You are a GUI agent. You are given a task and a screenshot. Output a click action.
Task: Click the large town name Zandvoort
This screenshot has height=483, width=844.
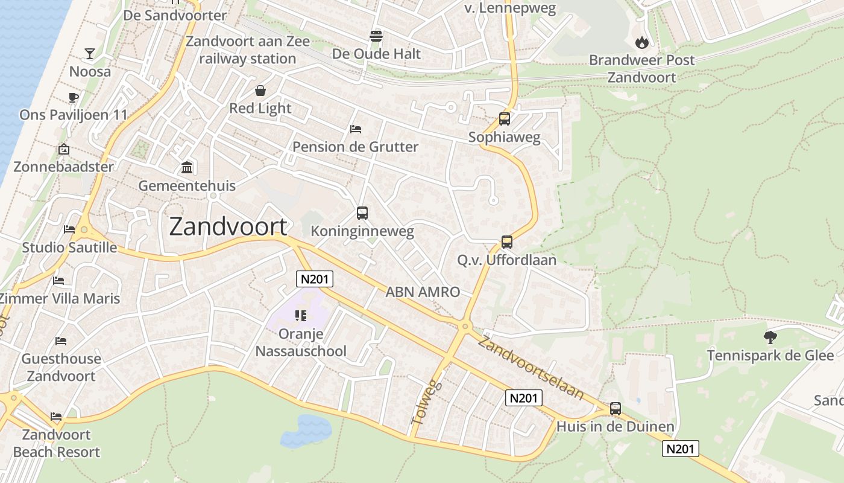tap(228, 226)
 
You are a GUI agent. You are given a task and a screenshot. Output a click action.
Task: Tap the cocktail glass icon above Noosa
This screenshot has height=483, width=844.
tap(90, 54)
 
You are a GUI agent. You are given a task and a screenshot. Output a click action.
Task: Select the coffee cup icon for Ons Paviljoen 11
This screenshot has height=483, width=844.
tap(74, 97)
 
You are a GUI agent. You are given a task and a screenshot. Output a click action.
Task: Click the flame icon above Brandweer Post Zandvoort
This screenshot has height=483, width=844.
tap(641, 42)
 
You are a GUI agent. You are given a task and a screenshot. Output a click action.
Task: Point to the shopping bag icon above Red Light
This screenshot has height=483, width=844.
tap(260, 91)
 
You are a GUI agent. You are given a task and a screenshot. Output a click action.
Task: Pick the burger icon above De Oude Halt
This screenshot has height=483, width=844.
tap(376, 36)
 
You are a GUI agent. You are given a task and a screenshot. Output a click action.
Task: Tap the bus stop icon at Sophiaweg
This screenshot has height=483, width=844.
tap(505, 119)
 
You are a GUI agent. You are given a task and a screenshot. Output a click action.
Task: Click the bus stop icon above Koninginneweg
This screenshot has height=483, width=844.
tap(362, 213)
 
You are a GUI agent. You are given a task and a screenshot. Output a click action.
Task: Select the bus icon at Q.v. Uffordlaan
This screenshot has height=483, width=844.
tap(506, 242)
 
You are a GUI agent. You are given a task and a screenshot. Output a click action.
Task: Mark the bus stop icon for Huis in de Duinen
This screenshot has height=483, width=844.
tap(615, 409)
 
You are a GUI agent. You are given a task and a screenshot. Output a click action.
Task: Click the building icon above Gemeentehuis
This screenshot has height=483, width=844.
tap(187, 167)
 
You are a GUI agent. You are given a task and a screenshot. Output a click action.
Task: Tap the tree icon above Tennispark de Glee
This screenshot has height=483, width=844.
tap(770, 337)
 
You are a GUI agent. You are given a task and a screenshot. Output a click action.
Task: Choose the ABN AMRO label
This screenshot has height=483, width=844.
tap(422, 292)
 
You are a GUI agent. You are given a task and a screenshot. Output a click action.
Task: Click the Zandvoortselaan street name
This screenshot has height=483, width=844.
tap(531, 368)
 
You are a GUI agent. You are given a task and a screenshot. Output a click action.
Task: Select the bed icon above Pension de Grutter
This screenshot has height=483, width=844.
tap(356, 129)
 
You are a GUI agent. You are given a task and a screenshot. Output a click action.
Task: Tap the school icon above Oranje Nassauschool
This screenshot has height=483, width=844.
tap(301, 316)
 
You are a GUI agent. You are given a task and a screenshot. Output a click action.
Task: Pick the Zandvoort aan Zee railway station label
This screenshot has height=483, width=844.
tap(247, 50)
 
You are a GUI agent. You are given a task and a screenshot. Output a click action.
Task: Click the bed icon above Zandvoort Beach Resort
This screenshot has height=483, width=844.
tap(56, 417)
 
